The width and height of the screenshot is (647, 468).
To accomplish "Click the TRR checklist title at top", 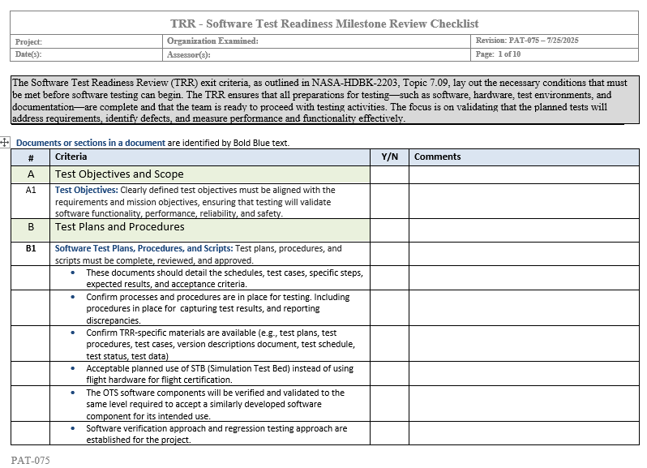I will (323, 24).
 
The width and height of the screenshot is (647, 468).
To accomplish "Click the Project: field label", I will (28, 41).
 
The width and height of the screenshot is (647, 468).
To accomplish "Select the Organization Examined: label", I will (212, 41).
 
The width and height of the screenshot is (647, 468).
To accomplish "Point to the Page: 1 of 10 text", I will (498, 54).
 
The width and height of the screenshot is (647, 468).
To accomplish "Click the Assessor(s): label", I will (188, 55).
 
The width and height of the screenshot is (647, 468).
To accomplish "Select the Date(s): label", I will (28, 55).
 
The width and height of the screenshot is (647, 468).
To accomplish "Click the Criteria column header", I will (71, 157).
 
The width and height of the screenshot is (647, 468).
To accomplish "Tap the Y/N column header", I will (389, 157).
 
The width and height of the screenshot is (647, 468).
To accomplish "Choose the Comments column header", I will (437, 157).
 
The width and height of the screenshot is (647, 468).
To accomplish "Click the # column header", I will (31, 157).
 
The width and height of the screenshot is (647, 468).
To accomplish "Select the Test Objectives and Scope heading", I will (119, 174).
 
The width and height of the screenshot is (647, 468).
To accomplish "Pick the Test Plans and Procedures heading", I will (119, 227).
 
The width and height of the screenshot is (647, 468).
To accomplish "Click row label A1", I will (31, 190).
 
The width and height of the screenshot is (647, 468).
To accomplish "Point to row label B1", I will (31, 249).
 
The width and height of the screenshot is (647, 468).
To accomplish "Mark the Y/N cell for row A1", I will (389, 201).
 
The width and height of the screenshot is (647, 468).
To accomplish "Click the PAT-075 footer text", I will (31, 460).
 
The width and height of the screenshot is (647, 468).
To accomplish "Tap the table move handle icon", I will (6, 143).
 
